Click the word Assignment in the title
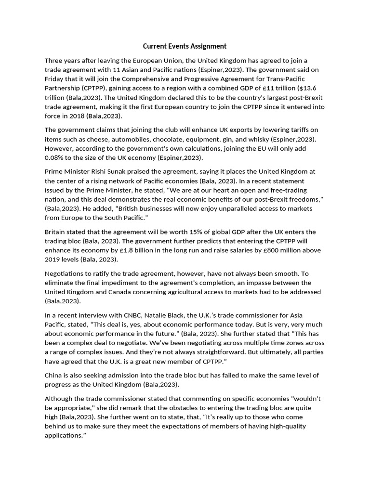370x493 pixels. [206, 46]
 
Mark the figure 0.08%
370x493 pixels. [54, 157]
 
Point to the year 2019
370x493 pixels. [54, 259]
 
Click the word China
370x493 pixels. [55, 375]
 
